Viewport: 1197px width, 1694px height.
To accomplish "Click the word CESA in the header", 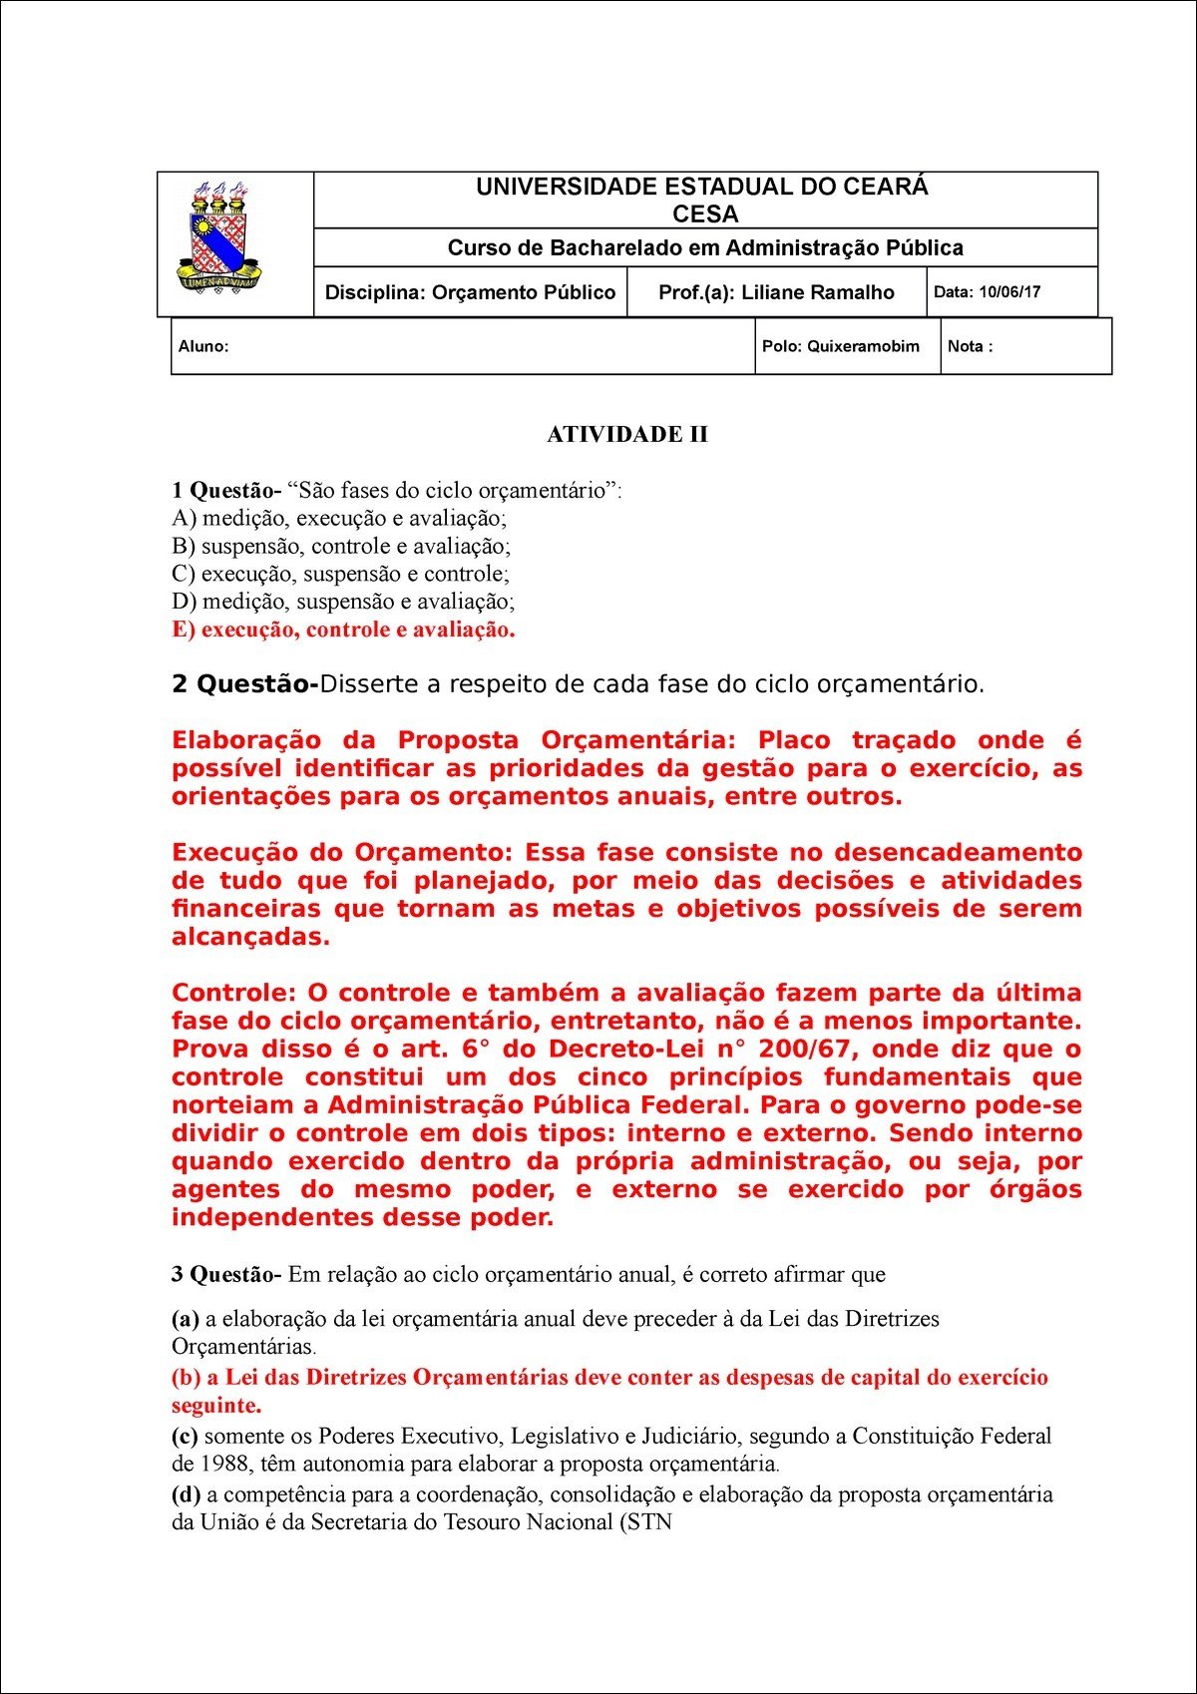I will coord(705,214).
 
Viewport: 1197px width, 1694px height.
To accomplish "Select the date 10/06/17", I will coord(1009,292).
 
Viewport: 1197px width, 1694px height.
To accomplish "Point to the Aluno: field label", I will coord(203,346).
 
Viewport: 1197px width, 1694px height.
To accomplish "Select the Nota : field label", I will coord(970,346).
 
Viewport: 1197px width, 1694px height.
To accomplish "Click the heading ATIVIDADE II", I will coord(627,435).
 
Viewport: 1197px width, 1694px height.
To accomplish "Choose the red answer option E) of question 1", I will coord(343,630).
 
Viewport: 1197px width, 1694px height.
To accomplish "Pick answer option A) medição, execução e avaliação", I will coord(339,518).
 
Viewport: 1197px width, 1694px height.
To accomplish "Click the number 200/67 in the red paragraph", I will coord(805,1050).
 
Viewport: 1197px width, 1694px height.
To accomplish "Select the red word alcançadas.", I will coord(250,937).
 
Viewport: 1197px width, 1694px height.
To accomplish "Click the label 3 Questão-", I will coord(227,1274).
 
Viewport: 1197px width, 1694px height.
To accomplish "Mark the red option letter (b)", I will coord(187,1378).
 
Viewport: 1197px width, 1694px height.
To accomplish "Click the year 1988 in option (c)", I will coord(225,1465).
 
